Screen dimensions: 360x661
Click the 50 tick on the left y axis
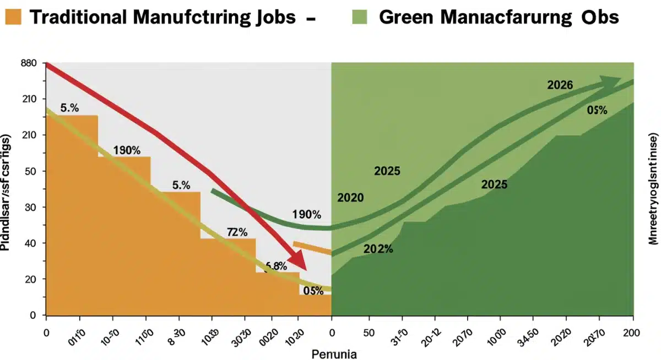coord(31,171)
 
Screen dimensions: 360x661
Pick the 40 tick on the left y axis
coord(31,243)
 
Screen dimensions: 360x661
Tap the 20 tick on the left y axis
coord(31,279)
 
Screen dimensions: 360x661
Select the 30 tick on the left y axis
coord(31,207)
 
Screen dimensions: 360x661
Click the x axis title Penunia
coord(334,353)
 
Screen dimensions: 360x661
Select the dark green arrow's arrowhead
coord(610,83)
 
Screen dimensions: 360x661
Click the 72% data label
coord(237,232)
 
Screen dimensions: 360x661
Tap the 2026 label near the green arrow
coord(560,85)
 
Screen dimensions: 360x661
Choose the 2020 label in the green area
coord(350,198)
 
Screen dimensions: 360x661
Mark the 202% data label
coord(378,249)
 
